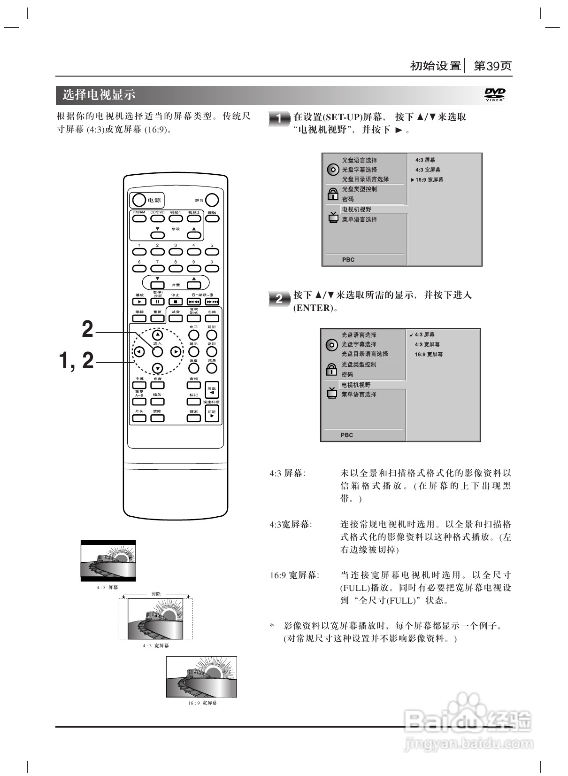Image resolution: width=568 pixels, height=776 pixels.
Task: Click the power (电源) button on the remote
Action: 139,200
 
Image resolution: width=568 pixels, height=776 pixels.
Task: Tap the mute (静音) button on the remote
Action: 212,200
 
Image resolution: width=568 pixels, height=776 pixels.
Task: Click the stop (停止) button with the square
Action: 176,302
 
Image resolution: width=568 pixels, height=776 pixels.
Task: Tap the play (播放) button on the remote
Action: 139,302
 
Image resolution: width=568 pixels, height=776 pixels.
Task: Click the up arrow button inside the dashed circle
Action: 158,335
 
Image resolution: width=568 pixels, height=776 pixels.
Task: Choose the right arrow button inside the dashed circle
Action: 176,351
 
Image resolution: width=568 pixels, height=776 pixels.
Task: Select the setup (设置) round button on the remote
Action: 194,368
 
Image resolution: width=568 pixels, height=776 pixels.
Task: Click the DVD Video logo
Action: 495,95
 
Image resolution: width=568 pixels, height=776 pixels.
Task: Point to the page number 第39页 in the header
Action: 493,66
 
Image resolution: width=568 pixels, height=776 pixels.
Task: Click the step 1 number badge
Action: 279,119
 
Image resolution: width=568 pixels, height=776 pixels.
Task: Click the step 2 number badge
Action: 279,299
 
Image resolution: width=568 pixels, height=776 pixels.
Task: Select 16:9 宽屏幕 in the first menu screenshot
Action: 429,180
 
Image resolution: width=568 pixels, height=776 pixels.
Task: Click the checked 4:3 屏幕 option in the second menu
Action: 424,335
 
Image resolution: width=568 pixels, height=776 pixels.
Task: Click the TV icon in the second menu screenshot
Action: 332,392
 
